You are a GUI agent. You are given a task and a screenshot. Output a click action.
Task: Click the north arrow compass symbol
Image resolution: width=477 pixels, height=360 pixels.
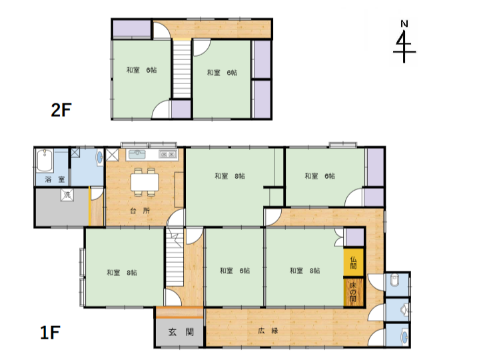point(404,42)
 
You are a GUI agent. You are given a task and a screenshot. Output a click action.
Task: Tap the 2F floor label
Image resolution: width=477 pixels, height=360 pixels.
point(61,110)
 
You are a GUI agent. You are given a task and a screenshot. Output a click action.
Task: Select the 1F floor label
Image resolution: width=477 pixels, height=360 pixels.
point(50,333)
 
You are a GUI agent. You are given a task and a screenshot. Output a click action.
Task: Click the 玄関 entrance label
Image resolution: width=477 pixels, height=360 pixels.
point(181,332)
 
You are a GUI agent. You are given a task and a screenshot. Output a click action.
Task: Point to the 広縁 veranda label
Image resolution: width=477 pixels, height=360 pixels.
point(268,331)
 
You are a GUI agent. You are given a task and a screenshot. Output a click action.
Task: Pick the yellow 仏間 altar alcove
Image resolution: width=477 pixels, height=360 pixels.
point(354,262)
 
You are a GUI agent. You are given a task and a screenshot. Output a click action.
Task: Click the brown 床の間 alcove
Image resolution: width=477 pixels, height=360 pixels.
point(354,293)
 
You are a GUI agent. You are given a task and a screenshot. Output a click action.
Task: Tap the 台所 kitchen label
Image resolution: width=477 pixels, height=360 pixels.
point(140,211)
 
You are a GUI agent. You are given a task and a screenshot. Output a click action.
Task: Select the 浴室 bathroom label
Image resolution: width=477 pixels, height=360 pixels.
point(55,179)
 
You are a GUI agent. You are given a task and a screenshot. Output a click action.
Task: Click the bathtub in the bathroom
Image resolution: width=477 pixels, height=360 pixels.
point(45,161)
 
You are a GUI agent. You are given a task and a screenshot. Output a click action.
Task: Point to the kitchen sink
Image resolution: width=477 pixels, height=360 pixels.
point(137,154)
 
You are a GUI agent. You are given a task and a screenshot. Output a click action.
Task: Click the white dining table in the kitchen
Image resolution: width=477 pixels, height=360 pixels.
point(145,182)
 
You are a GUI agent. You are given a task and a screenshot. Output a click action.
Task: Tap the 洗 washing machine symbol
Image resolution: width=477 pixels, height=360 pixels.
point(67,195)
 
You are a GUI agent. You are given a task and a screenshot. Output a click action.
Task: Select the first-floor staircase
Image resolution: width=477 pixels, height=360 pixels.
point(175,257)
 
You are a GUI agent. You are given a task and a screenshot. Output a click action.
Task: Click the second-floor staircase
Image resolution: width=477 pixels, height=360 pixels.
point(182,69)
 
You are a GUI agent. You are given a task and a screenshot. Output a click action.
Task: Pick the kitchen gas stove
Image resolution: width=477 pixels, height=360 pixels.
point(167,154)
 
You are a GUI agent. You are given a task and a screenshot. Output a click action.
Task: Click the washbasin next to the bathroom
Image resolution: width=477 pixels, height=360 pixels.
point(99,157)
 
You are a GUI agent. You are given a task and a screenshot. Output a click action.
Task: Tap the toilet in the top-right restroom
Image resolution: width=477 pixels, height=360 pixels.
point(394,280)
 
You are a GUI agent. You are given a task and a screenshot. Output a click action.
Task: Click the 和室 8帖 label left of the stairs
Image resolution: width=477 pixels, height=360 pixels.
point(122,273)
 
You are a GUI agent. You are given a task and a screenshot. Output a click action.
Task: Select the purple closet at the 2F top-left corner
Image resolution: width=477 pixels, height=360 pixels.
point(132,29)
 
